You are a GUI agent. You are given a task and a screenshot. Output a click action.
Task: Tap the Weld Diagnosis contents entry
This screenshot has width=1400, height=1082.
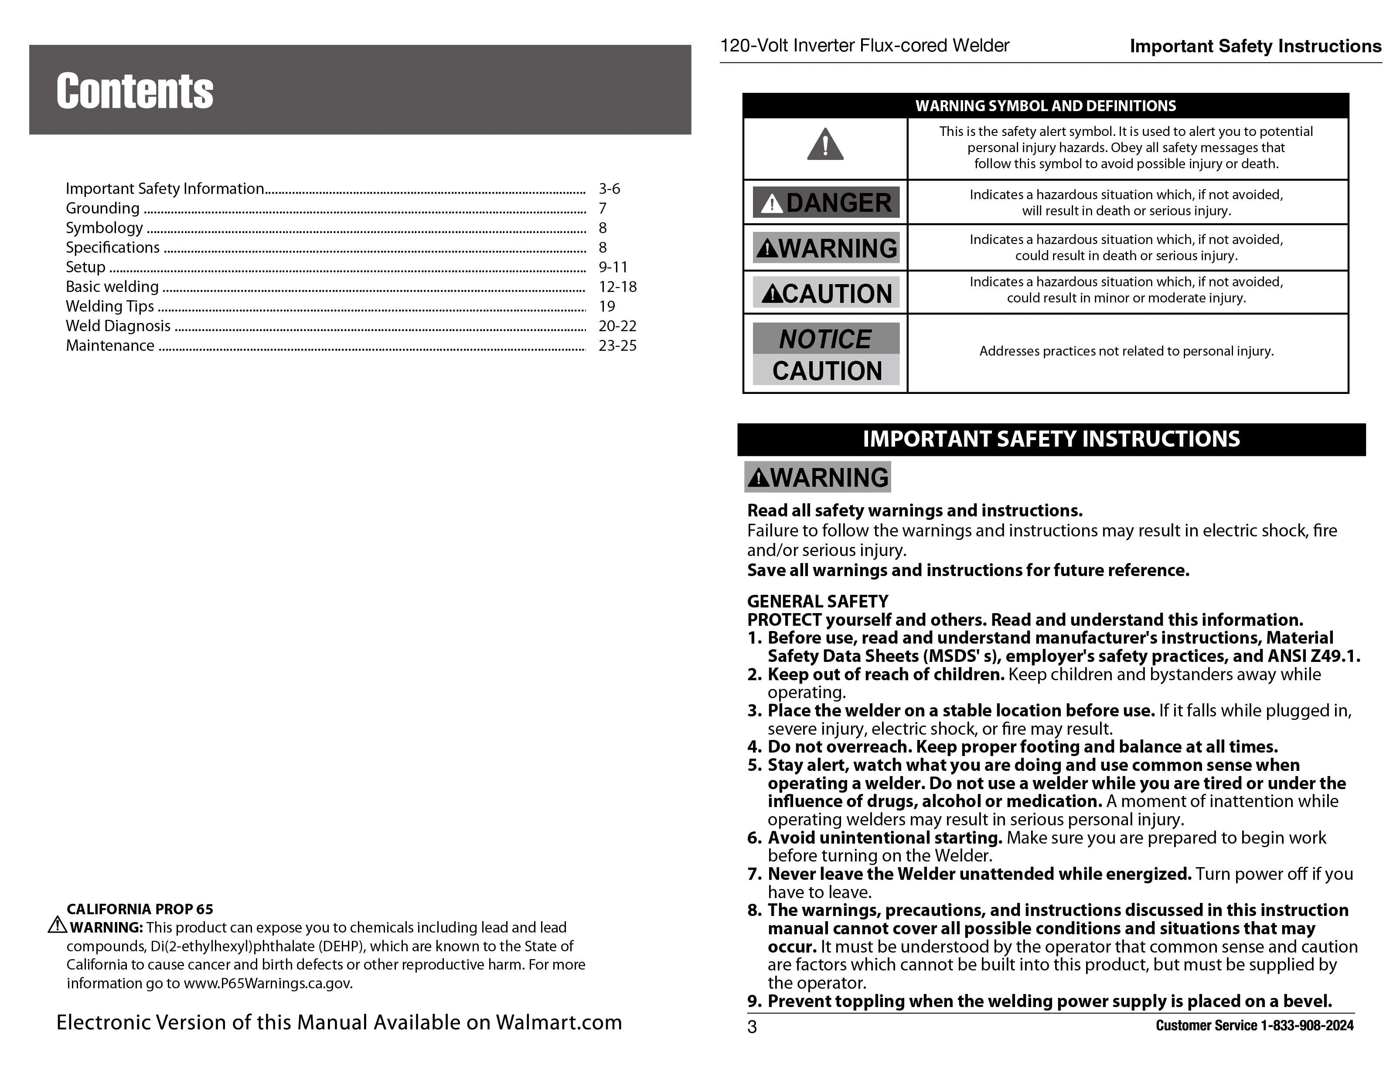tap(118, 326)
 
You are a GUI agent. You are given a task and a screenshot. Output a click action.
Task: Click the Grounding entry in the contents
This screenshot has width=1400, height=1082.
tap(102, 208)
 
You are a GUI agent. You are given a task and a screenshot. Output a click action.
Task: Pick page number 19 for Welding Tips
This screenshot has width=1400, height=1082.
tap(606, 306)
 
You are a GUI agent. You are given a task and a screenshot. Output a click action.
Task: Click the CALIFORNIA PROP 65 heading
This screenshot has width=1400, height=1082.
tap(140, 909)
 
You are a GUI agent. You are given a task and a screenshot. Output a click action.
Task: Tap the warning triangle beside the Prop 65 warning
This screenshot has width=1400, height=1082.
tap(57, 925)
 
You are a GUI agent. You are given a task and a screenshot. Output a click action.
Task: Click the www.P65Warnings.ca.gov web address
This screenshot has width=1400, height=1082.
tap(268, 984)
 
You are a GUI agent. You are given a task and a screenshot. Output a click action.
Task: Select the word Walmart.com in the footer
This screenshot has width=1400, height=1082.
tap(559, 1022)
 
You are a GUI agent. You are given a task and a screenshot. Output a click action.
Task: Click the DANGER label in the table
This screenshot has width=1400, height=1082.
tap(826, 203)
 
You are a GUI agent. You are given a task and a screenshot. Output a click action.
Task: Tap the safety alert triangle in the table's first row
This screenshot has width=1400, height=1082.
tap(825, 144)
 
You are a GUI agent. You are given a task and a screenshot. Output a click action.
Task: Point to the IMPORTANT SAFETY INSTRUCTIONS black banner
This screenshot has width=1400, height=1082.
tap(1051, 439)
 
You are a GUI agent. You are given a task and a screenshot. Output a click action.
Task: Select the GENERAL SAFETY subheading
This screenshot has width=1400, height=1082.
tap(818, 601)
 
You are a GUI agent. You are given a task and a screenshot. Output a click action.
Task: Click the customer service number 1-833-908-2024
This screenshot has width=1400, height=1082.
tap(1307, 1026)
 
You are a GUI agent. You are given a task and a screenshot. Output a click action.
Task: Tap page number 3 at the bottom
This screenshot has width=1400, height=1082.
tap(752, 1027)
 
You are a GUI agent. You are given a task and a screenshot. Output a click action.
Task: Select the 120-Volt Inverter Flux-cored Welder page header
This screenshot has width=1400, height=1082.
tap(865, 45)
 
